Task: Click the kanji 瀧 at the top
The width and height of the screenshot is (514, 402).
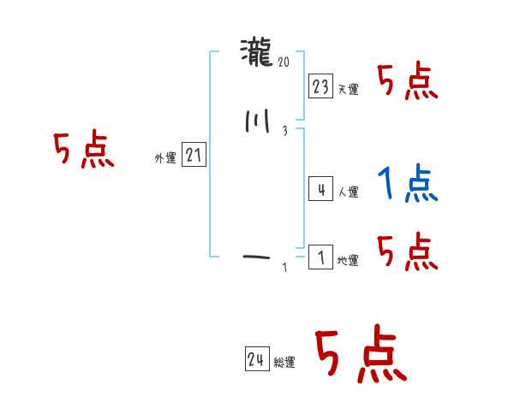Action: point(257,54)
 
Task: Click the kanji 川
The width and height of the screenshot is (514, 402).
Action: point(257,123)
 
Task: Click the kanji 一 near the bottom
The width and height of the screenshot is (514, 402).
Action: point(257,256)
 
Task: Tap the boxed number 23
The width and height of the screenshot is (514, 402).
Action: point(320,86)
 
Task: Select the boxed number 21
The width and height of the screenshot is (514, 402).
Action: point(194,156)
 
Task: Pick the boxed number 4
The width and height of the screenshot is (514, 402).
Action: point(320,190)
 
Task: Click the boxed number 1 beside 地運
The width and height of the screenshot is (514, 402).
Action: point(320,257)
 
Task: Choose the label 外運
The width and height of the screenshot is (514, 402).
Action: point(165,158)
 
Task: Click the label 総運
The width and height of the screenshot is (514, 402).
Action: point(284,363)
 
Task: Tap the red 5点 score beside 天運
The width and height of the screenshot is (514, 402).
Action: point(409,81)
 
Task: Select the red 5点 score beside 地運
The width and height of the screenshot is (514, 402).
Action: point(409,251)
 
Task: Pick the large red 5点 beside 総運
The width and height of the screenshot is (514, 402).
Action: point(360,356)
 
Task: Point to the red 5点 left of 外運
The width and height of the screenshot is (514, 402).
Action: point(84,151)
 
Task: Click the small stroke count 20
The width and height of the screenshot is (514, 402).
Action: point(284,62)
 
